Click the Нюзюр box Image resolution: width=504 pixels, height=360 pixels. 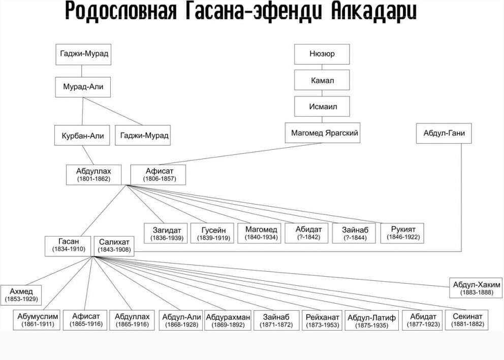tap(322, 54)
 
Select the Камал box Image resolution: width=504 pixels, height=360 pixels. tap(322, 80)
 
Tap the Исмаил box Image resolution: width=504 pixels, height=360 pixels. tap(322, 107)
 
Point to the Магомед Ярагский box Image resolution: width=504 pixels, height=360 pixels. tap(325, 133)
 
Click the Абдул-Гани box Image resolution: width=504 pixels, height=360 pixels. tap(444, 133)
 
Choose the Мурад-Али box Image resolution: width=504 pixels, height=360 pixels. tap(83, 87)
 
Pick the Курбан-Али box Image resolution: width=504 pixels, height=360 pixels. tap(82, 136)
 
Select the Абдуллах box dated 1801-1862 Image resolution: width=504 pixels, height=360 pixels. tap(93, 175)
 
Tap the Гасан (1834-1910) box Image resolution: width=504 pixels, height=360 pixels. tap(68, 246)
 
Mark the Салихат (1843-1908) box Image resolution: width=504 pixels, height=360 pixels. tap(115, 246)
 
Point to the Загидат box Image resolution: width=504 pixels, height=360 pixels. tap(167, 234)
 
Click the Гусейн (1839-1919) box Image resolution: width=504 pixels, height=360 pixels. tap(211, 234)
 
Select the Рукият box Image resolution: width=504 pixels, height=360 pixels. tap(404, 233)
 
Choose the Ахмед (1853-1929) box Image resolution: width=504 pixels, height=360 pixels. tap(21, 295)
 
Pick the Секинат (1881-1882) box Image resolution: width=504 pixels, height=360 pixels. tap(467, 319)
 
